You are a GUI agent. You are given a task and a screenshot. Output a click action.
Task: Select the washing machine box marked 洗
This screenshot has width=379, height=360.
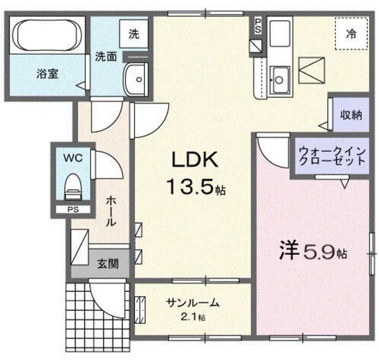(134, 34)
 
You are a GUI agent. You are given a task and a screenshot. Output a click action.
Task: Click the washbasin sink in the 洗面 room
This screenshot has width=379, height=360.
(137, 78)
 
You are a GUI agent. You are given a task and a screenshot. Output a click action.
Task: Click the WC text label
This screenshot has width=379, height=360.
(72, 159)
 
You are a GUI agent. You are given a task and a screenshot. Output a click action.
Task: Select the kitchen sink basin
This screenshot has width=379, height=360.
(279, 78)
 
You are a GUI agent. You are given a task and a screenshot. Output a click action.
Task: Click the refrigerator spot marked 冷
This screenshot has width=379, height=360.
(351, 34)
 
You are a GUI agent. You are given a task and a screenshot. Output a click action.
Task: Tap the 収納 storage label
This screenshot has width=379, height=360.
(351, 116)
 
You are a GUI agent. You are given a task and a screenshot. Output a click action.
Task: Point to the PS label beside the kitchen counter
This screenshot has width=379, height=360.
(258, 27)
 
